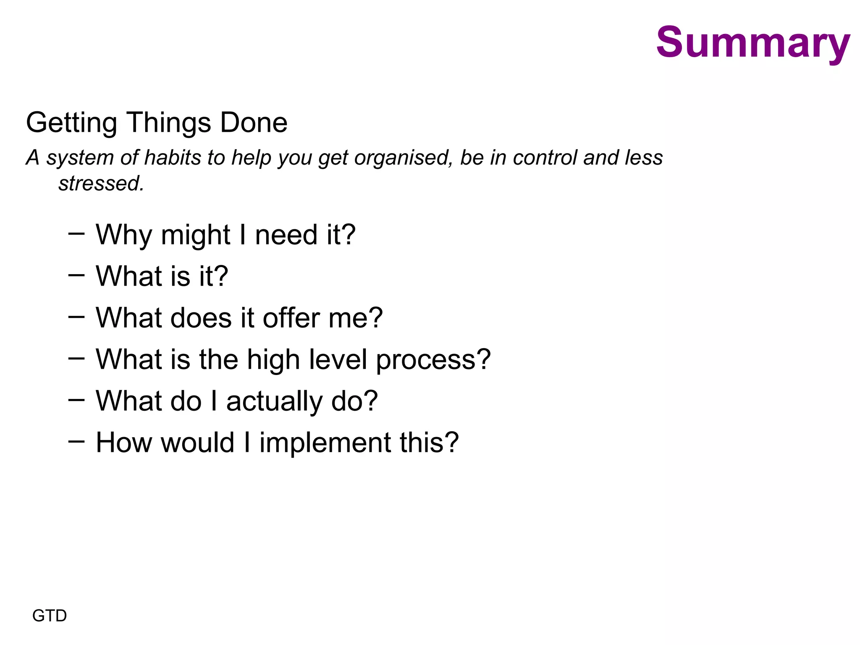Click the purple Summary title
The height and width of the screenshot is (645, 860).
pos(752,43)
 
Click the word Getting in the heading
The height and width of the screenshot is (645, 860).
pos(71,123)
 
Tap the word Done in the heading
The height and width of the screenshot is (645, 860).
pos(254,123)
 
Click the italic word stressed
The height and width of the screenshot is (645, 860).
pos(101,184)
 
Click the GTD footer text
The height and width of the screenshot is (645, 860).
pos(50,616)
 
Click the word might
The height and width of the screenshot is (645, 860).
pos(195,235)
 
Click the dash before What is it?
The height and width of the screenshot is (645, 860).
pos(76,275)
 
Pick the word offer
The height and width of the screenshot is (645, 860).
pos(291,318)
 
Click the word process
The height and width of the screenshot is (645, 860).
pos(433,360)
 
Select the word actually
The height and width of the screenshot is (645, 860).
pos(274,401)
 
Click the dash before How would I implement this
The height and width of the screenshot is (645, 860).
pos(76,441)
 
